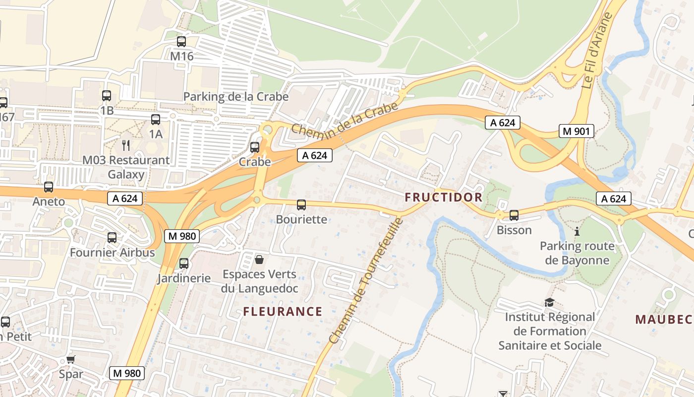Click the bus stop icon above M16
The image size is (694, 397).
coord(181,42)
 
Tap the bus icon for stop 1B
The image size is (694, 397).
coord(107,96)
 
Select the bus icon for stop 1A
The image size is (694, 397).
coord(156,120)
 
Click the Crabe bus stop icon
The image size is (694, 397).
coord(255,147)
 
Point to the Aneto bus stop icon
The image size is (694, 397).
coord(49,187)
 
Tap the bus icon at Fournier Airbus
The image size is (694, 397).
coord(112,238)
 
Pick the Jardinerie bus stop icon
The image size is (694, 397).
coord(184,264)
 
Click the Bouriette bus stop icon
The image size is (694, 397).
coord(301,205)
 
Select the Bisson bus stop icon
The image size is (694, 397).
coord(514,215)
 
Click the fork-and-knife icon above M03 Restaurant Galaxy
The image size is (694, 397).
coord(126,145)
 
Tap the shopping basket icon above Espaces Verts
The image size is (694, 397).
coord(259,260)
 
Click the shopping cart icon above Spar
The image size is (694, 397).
coord(71,359)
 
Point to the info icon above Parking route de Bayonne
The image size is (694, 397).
coord(577,231)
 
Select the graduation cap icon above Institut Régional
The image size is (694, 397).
coord(550,302)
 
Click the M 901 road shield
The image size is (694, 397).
coord(576,131)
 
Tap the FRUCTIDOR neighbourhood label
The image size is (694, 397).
coord(443,197)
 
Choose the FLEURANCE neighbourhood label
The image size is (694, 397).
coord(283,312)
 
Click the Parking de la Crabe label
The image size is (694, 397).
coord(236,96)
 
